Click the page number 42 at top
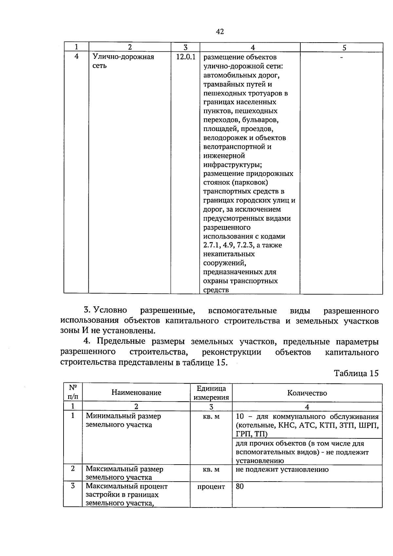click(220, 32)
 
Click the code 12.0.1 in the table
click(185, 57)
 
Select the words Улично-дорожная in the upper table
click(123, 57)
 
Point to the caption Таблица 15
click(356, 374)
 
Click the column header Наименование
click(136, 393)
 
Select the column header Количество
click(307, 393)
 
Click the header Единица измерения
click(211, 393)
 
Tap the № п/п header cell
click(73, 392)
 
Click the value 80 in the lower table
click(240, 487)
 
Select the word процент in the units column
click(211, 487)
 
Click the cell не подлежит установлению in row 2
click(282, 470)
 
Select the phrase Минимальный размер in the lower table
click(123, 416)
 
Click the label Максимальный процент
click(126, 486)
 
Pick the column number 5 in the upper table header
click(344, 48)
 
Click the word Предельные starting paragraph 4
click(121, 341)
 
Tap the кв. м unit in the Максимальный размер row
click(211, 470)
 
